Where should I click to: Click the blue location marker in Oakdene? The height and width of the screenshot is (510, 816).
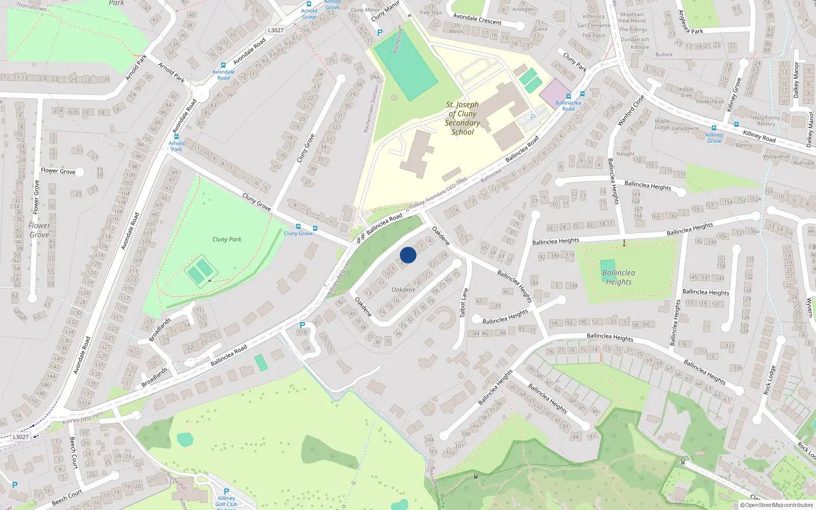(408, 255)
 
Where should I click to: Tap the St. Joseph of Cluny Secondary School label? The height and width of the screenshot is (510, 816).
(463, 118)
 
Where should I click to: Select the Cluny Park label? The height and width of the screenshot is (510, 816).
(227, 239)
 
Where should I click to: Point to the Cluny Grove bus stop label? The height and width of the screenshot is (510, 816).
(298, 234)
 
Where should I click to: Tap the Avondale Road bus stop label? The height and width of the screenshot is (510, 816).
(223, 75)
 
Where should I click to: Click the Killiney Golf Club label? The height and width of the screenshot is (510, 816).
(226, 501)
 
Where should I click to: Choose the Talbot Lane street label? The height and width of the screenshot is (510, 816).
(464, 303)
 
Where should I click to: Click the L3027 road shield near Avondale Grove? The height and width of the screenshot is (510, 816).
(276, 30)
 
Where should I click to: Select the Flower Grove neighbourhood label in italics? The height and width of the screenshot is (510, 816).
(39, 230)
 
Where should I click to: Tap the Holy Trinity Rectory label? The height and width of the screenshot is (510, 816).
(766, 121)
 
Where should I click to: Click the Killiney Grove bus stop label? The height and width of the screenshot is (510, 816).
(714, 138)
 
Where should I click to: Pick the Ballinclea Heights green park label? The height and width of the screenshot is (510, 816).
(619, 277)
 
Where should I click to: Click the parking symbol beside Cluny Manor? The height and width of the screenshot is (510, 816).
(379, 33)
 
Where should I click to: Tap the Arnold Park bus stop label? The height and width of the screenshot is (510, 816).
(176, 146)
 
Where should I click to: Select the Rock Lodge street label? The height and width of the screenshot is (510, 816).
(770, 380)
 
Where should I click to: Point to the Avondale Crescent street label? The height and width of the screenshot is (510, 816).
(477, 19)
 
